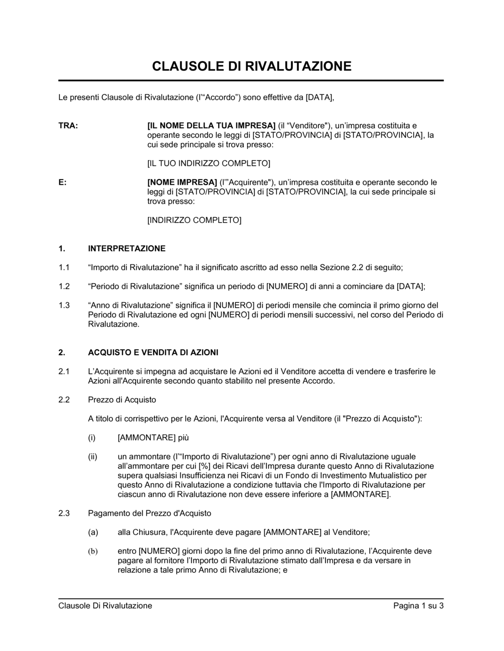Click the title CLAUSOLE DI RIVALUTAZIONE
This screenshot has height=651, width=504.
tap(251, 66)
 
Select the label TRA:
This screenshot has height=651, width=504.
tap(68, 126)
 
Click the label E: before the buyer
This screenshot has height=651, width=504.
tap(62, 182)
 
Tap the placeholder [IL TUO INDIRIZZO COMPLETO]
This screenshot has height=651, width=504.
tap(209, 164)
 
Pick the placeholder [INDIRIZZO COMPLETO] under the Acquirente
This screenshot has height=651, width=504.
tap(194, 220)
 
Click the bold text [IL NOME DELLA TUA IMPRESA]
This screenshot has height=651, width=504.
tap(211, 126)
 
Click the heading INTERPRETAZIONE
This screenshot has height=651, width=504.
tap(127, 248)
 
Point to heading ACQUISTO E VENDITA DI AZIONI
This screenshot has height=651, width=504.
tap(153, 352)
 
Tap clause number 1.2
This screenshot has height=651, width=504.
tap(64, 286)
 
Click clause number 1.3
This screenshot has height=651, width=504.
tap(64, 305)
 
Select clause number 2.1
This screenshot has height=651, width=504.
tap(64, 371)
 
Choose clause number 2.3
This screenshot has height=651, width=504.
tap(64, 513)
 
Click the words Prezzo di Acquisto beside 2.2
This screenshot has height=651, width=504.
tap(122, 400)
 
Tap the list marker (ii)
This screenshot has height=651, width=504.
tap(93, 456)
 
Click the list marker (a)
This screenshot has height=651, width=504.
tap(93, 532)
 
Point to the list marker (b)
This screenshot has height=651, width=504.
tap(93, 551)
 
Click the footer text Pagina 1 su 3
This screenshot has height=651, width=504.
tap(418, 606)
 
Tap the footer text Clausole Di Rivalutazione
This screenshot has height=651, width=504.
tap(105, 606)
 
